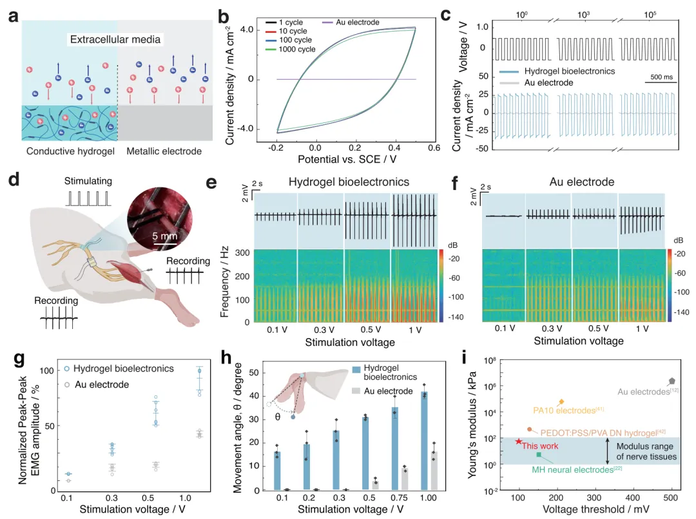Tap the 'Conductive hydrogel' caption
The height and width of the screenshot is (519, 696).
tap(66, 151)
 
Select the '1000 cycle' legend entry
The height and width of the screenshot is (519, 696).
tap(297, 50)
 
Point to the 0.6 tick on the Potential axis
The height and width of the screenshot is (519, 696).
tap(433, 147)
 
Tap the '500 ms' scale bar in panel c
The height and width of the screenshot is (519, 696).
tap(661, 78)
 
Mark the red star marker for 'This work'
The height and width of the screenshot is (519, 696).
tap(519, 441)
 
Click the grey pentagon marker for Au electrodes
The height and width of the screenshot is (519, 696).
tap(672, 382)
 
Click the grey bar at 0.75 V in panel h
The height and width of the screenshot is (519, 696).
tap(405, 480)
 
